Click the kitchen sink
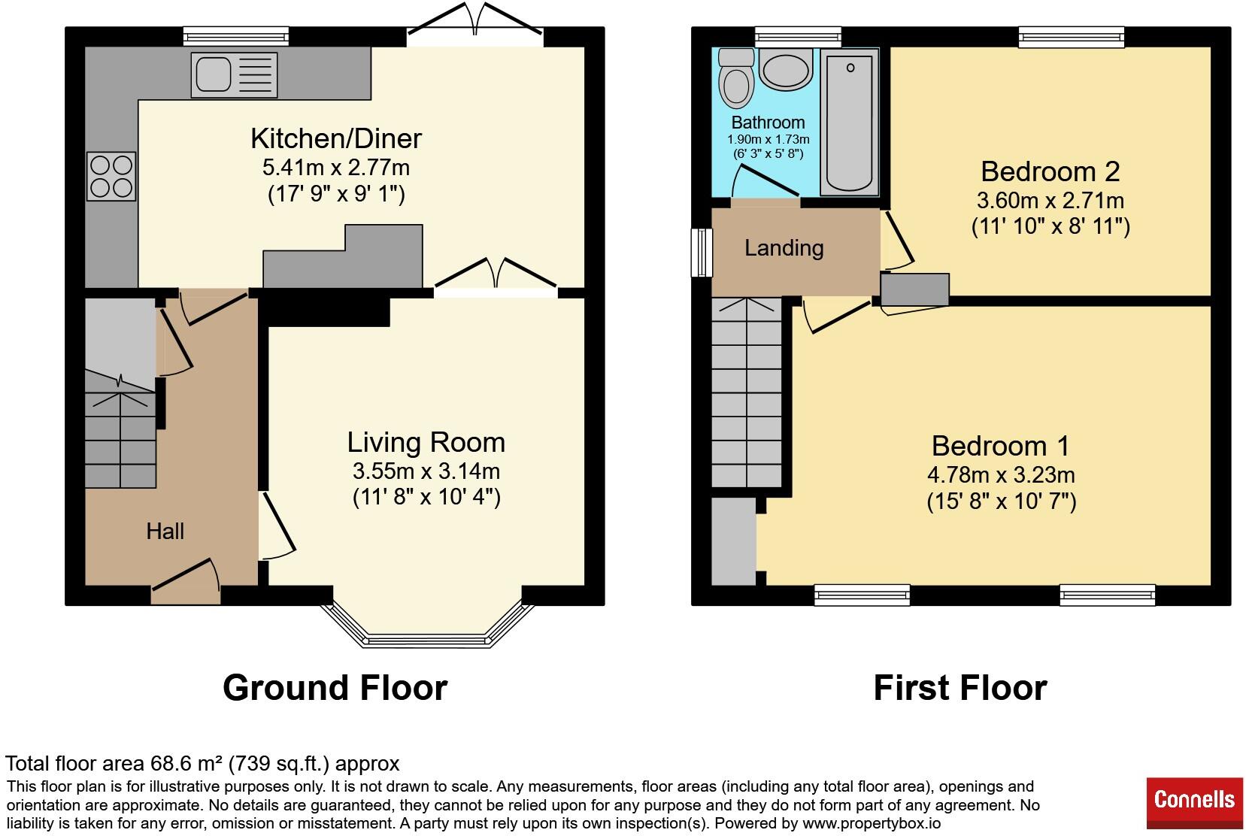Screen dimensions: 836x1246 234,74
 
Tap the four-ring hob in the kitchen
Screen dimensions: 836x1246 111,176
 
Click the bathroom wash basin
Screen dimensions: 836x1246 786,70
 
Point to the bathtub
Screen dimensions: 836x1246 850,122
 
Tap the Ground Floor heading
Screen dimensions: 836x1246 335,688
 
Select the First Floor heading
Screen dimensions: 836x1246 960,688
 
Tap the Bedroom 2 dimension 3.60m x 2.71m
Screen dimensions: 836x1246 1050,201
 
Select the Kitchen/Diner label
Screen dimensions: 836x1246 335,138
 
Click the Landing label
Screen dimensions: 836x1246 784,248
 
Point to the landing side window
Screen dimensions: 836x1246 702,253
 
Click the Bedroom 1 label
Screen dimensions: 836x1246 1000,446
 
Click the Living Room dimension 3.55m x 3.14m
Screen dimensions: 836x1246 426,471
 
